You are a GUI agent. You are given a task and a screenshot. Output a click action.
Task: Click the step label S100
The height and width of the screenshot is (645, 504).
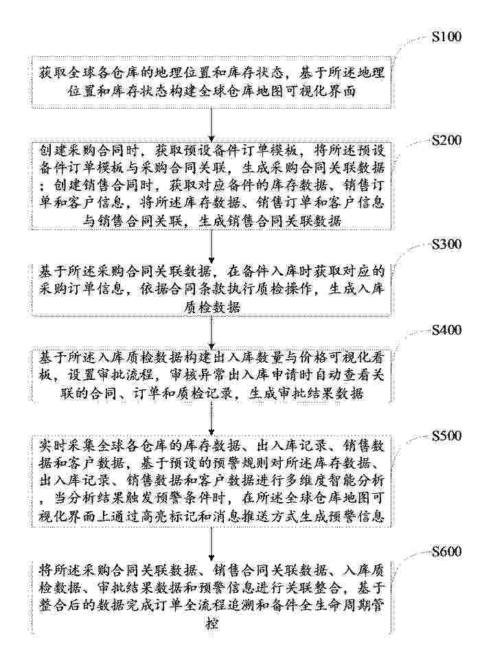446,37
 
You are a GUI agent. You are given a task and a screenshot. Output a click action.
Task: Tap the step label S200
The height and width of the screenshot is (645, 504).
446,141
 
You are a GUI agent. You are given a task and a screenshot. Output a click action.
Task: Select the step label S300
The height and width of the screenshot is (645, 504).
446,245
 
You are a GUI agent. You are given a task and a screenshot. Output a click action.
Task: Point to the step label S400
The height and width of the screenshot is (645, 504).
446,330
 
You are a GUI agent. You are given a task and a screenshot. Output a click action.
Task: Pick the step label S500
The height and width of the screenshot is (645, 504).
446,435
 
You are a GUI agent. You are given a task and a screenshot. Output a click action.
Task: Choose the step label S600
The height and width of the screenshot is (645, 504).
446,551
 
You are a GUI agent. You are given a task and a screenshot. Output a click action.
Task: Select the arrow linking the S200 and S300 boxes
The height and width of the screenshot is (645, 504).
211,247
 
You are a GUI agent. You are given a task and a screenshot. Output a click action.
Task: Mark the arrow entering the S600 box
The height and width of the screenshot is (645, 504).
211,543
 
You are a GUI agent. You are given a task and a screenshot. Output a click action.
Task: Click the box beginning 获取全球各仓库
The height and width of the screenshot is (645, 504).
211,82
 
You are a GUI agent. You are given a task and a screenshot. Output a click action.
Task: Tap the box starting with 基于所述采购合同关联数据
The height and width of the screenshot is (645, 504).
211,290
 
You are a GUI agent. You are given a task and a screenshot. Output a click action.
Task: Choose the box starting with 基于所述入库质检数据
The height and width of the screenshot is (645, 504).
211,375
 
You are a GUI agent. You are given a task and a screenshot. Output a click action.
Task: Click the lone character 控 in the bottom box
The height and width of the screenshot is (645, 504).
212,624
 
